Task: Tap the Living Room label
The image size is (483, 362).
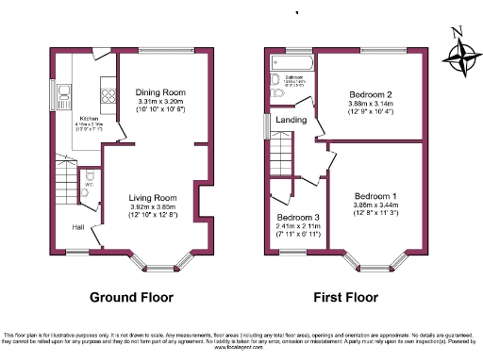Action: (153, 198)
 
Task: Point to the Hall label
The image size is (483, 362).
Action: (77, 227)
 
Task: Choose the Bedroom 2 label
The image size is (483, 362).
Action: (371, 96)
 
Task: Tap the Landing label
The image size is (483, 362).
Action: (290, 120)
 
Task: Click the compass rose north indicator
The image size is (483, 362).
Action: (458, 33)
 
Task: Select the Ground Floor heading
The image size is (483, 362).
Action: (132, 297)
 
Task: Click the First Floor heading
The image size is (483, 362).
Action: (344, 297)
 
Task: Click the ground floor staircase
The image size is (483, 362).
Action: (64, 179)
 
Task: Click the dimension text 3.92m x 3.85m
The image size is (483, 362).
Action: (153, 208)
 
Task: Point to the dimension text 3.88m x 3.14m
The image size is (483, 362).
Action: (371, 106)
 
